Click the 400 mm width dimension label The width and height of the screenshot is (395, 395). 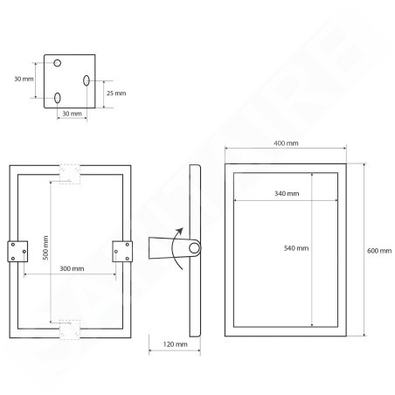(286, 143)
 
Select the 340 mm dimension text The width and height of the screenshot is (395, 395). (287, 193)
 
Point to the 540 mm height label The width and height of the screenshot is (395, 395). (296, 248)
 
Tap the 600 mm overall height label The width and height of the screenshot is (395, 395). (379, 251)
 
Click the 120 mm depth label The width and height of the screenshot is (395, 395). (175, 344)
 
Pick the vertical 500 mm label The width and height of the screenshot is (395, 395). (45, 247)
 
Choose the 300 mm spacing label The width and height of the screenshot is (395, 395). (72, 268)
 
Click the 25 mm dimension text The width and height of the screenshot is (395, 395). (116, 94)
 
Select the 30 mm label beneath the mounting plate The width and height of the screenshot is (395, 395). (72, 114)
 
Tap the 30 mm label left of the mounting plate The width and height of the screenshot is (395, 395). (24, 79)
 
